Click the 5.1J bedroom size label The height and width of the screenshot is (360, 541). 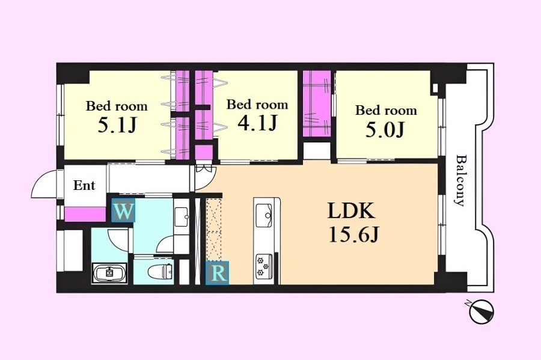pos(117,126)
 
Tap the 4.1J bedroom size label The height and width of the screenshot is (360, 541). pos(257,123)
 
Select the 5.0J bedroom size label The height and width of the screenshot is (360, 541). pos(385,130)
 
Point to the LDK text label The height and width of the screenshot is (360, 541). pos(351,211)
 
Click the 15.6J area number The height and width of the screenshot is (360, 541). pos(354,235)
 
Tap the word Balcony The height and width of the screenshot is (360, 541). pos(460,180)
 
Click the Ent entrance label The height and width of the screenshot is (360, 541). pos(84,186)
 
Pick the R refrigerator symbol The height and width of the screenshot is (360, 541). pos(218,273)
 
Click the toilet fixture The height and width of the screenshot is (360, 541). pos(160,271)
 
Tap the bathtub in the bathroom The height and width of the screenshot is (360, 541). pos(109,273)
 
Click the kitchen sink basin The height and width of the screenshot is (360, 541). pos(264,211)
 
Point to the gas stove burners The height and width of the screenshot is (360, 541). pos(264,266)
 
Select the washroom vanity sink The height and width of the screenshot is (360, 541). pos(182,216)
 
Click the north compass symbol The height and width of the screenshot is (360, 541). pos(481,311)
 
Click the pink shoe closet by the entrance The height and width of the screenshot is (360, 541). pos(85,214)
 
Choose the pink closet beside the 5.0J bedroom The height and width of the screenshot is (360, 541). pos(317,103)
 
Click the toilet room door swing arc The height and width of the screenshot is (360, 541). pos(164,243)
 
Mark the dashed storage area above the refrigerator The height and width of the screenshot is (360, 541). pos(213,230)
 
